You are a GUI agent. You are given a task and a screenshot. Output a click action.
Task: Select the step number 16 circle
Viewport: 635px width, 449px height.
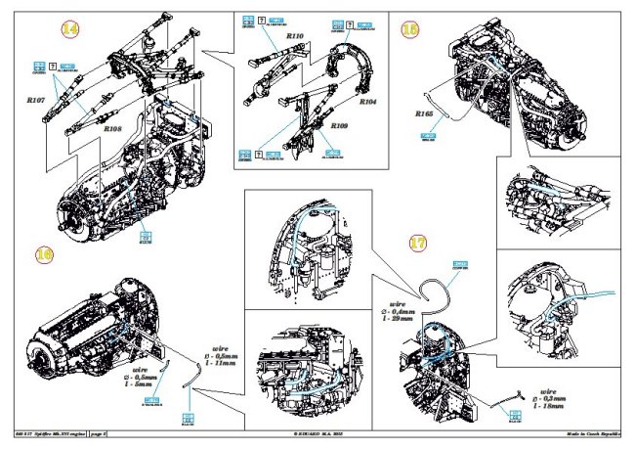pos(43,253)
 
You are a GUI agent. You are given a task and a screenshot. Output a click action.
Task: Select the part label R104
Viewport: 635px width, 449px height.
pos(368,101)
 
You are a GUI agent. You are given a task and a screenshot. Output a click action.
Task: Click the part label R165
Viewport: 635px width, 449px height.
pos(423,114)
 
